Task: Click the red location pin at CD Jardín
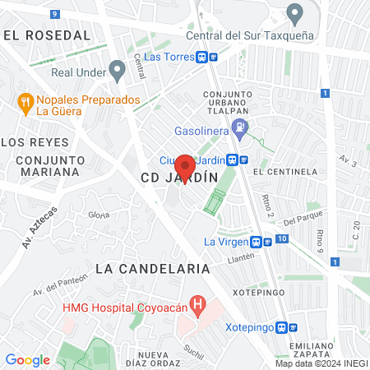[184, 168]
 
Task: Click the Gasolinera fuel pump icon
[239, 127]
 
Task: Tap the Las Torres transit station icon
[206, 57]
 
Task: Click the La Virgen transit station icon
[262, 242]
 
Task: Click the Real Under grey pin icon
[118, 72]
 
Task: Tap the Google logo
[27, 360]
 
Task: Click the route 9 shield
[54, 14]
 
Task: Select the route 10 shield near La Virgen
[282, 238]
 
